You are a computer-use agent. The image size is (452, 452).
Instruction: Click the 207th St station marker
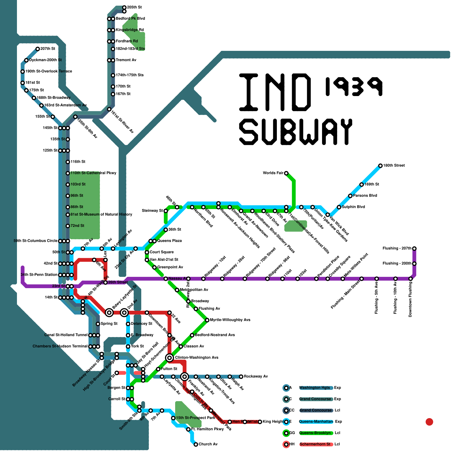click(38, 49)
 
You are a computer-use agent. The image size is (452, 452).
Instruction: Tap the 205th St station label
click(134, 7)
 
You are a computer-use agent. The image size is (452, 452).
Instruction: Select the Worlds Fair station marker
click(286, 173)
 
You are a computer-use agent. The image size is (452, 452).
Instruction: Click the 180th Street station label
click(394, 165)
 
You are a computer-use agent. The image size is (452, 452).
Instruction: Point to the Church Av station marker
click(196, 444)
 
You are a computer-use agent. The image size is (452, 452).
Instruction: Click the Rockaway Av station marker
click(241, 377)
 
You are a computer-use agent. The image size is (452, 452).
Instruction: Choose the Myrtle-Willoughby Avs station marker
click(207, 320)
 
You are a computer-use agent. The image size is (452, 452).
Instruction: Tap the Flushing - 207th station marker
click(414, 249)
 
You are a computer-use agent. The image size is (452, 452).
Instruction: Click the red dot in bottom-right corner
click(429, 422)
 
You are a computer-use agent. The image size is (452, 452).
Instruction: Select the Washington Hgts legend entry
click(314, 388)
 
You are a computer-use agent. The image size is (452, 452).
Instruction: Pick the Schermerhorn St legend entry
click(315, 444)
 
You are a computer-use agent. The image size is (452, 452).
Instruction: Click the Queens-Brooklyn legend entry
click(315, 433)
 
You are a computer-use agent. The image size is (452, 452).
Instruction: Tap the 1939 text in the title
click(354, 86)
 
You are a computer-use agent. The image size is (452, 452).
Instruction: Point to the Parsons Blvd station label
click(365, 195)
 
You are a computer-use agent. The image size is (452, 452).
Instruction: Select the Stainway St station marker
click(166, 211)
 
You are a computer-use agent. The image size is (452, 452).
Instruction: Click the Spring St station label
click(109, 323)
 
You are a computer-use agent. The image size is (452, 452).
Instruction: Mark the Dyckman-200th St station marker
click(26, 60)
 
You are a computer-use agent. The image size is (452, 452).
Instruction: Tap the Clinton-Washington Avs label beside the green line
click(197, 357)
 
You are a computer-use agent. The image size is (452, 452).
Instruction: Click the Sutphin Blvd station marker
click(339, 207)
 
